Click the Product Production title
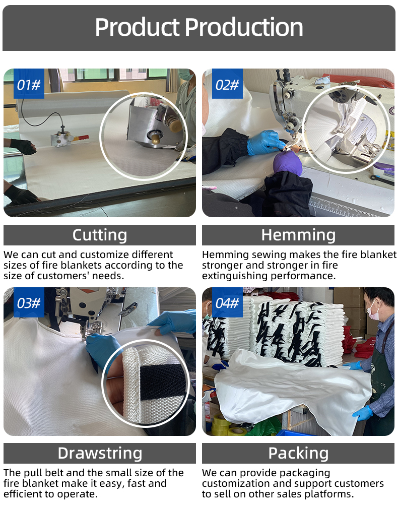tap(199, 27)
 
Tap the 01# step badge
tap(29, 84)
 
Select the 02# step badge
tap(227, 84)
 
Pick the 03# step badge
tap(29, 302)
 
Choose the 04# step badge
tap(227, 302)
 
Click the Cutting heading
tap(100, 235)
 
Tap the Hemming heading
tap(298, 235)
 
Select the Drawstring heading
tap(100, 453)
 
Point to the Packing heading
tap(298, 453)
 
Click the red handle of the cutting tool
tap(81, 138)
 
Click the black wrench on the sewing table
tap(382, 180)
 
